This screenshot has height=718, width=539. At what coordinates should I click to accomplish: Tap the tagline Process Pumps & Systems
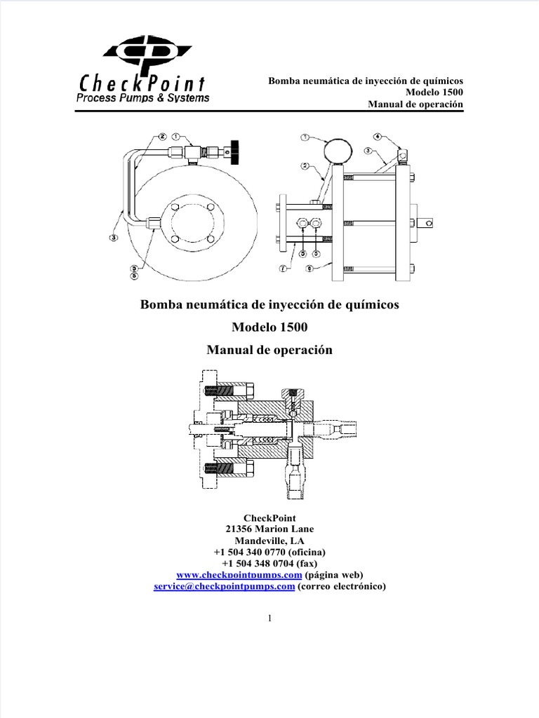(142, 99)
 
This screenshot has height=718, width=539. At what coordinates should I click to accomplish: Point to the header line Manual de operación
(416, 104)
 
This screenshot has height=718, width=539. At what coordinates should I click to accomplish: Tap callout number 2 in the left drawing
(162, 137)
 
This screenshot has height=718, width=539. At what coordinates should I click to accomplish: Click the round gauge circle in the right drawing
(338, 150)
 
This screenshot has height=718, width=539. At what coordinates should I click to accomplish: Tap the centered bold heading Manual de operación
(269, 350)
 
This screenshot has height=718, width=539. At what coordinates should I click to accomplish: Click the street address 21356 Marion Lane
(269, 529)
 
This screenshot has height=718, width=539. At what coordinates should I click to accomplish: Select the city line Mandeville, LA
(269, 541)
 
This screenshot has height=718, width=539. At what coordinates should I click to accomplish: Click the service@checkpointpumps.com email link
(223, 587)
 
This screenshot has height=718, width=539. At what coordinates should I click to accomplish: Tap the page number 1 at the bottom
(269, 618)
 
